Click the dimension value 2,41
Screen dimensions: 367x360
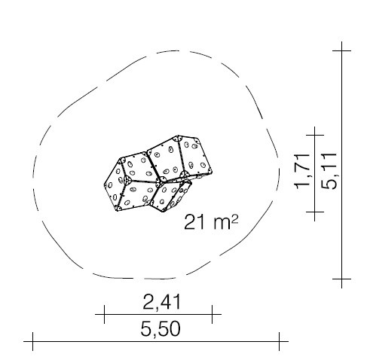pyautogui.click(x=161, y=302)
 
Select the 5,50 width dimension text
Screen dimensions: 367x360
pyautogui.click(x=161, y=328)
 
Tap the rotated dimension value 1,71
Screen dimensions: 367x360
pyautogui.click(x=302, y=171)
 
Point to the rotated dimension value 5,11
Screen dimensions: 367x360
pyautogui.click(x=329, y=171)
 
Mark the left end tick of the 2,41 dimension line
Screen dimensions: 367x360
pyautogui.click(x=104, y=314)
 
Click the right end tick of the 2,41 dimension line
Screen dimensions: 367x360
pyautogui.click(x=213, y=314)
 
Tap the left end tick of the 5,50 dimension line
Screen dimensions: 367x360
pyautogui.click(x=32, y=341)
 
